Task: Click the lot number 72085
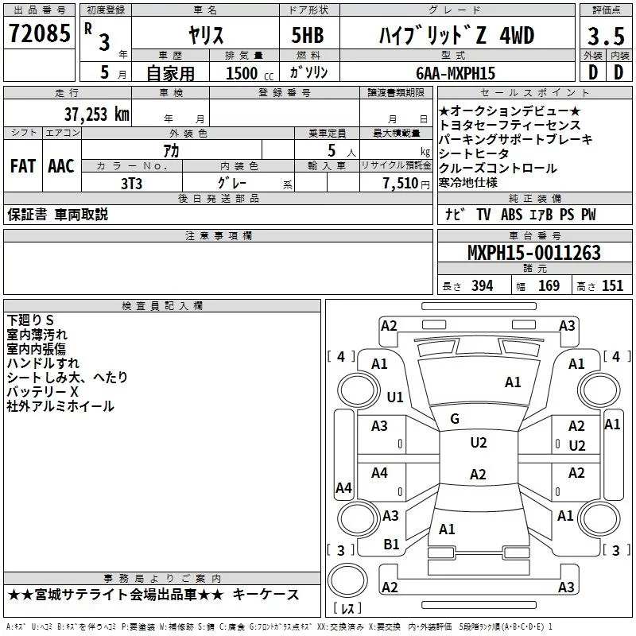coord(39,34)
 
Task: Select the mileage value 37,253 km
coord(96,114)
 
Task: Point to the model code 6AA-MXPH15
coord(455,73)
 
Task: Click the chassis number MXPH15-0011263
coord(533,253)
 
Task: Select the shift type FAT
coord(22,165)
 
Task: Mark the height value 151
coord(612,286)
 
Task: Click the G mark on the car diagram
coord(455,419)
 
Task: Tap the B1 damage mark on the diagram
coord(391,544)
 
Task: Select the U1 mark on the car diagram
coord(394,396)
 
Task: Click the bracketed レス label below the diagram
coord(347,610)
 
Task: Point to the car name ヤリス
coord(205,36)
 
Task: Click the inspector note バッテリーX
coord(42,392)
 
